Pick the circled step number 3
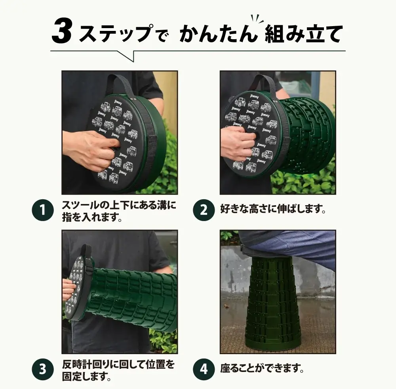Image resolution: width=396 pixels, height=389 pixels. click(x=42, y=370)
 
